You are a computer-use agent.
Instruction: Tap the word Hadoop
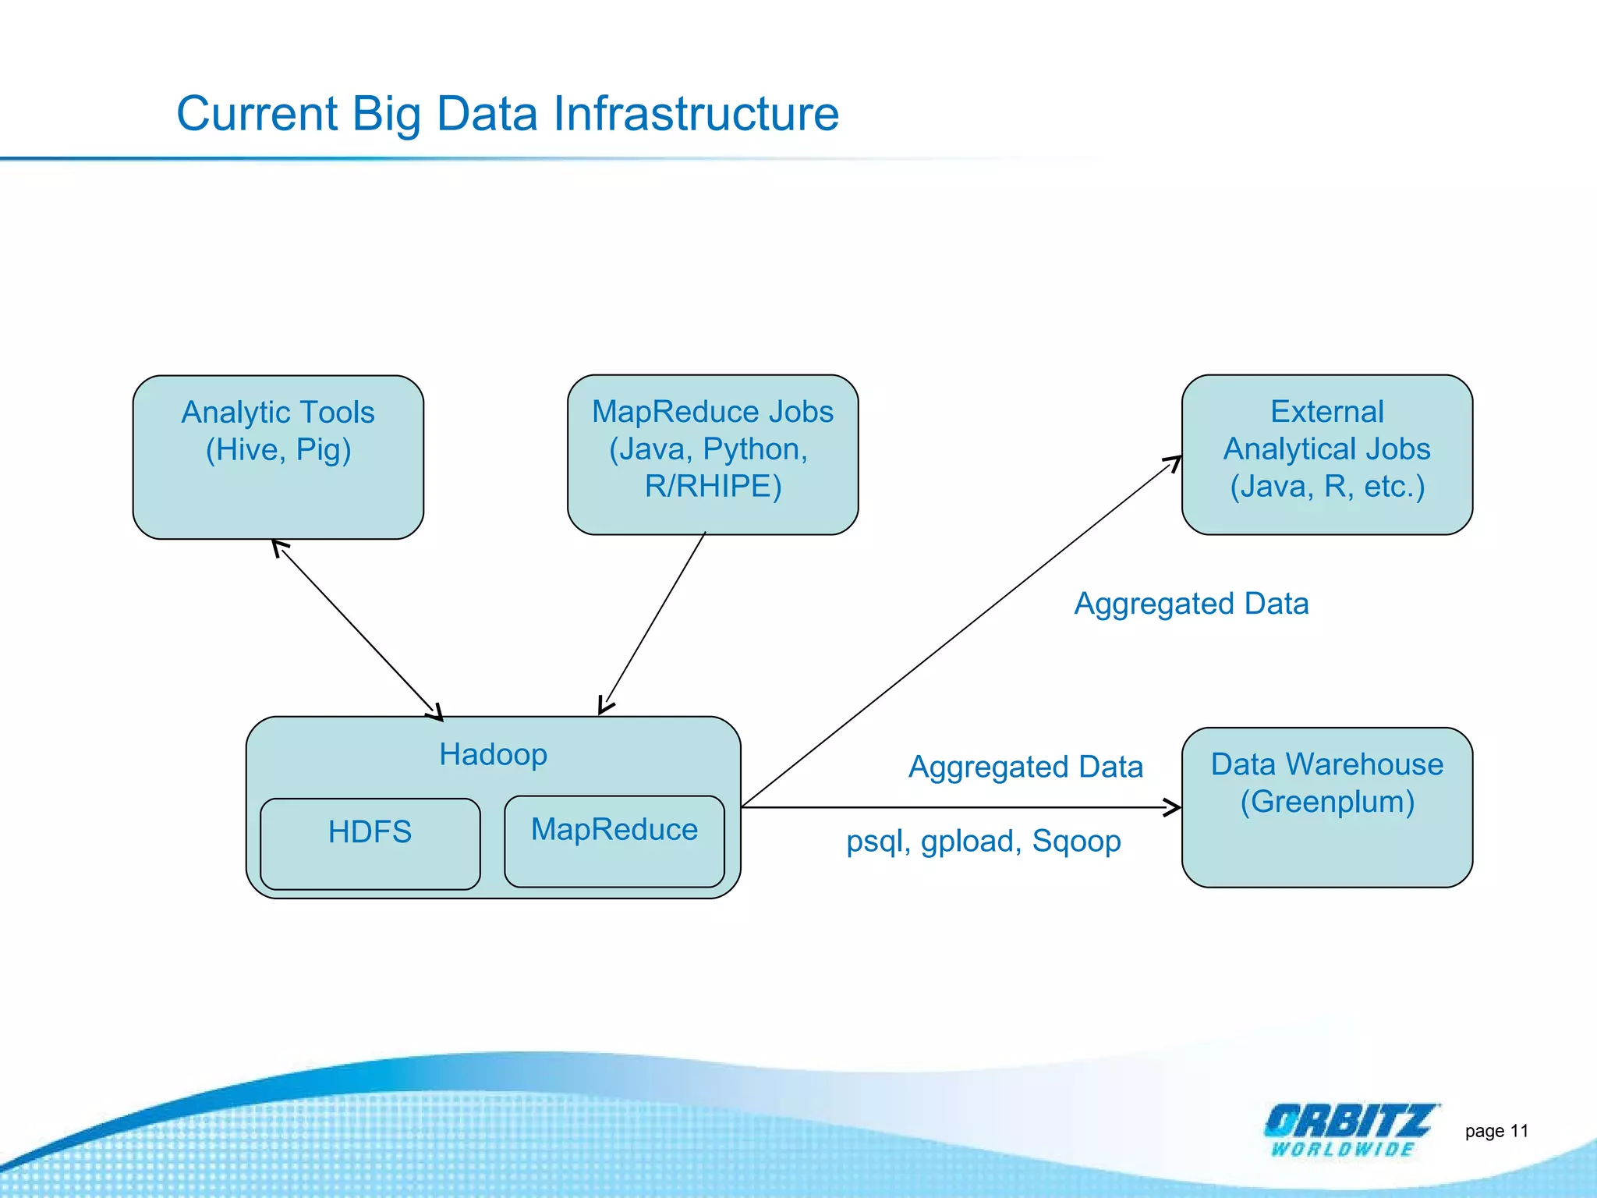point(493,754)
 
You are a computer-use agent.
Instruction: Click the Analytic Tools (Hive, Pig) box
point(278,484)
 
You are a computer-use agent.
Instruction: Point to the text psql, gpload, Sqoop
point(983,841)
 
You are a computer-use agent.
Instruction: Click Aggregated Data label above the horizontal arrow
point(1025,767)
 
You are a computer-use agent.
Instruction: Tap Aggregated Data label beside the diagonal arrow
point(1191,604)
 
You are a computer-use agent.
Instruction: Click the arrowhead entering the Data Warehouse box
point(1172,807)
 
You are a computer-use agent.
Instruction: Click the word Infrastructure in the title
point(696,114)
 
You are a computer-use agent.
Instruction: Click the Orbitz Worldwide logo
point(1349,1129)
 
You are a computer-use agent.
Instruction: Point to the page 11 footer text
point(1496,1131)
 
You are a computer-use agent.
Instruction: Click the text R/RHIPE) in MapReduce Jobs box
point(713,486)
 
